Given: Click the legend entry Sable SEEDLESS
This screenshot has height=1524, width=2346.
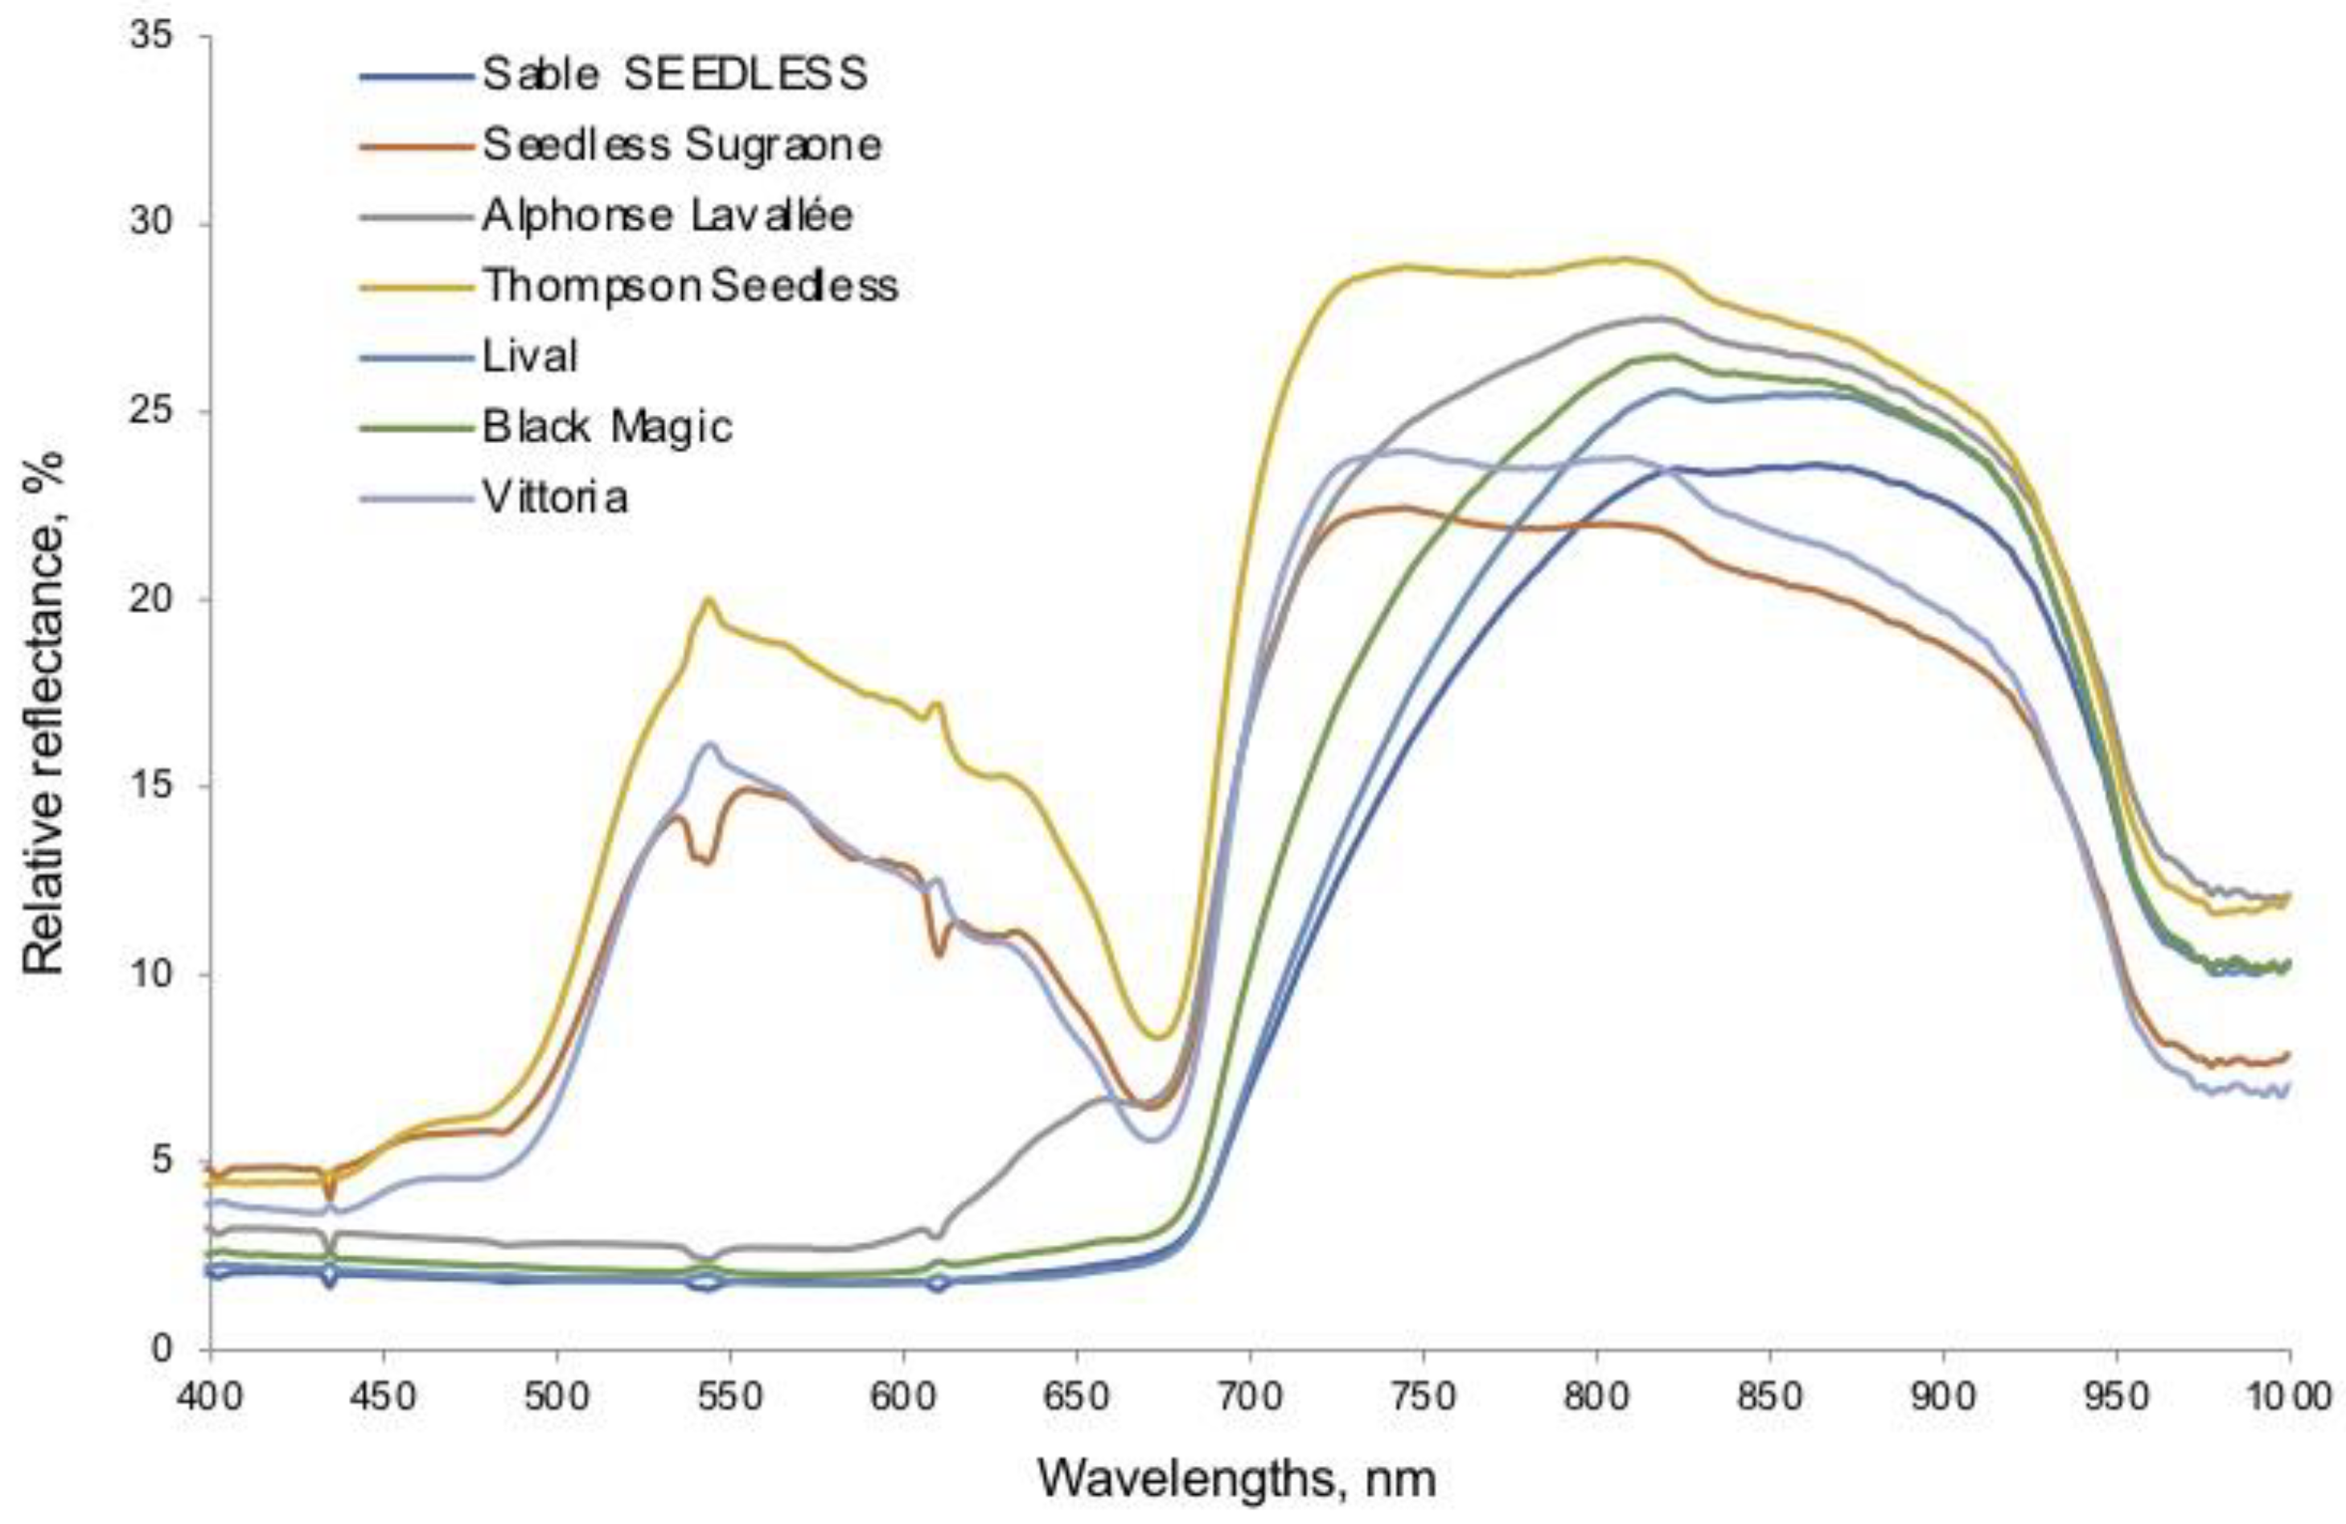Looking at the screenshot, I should tap(674, 75).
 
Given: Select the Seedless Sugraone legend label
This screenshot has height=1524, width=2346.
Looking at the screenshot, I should tap(681, 146).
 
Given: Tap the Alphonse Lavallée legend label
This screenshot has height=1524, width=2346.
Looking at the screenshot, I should tap(667, 216).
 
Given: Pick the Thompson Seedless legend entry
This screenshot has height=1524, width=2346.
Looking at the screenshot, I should tap(690, 285).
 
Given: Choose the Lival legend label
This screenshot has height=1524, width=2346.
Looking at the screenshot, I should tap(529, 355).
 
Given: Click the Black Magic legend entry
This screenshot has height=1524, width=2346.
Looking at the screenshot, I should tap(607, 427).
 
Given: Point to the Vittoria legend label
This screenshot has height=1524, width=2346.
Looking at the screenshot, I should tap(555, 497).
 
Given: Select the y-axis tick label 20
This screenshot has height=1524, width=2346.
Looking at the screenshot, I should tap(150, 599).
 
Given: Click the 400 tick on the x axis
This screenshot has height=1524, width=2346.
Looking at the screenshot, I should tap(210, 1397).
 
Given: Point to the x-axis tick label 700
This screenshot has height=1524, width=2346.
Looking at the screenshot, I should tap(1249, 1397).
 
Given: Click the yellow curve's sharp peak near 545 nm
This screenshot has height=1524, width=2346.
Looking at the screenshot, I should tap(708, 598).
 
